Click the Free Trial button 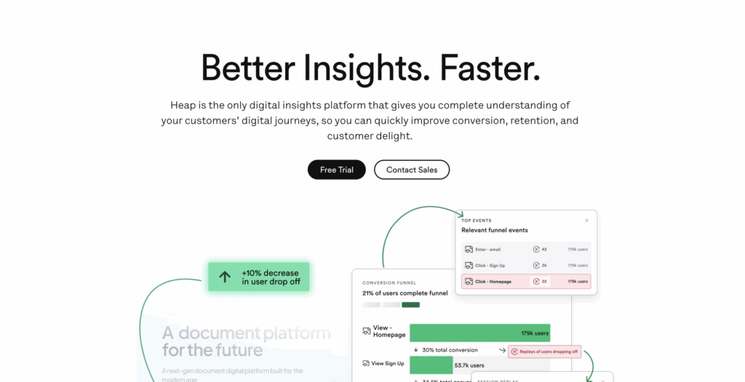pos(336,170)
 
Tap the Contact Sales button pos(412,170)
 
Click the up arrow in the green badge pos(225,276)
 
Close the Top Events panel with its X pos(587,220)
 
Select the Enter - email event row pos(526,250)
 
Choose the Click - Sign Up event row pos(526,266)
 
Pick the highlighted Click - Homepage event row pos(526,281)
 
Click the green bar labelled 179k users pos(479,333)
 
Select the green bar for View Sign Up pos(431,365)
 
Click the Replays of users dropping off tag pos(544,351)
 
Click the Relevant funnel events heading pos(495,230)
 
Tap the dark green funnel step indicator pos(410,304)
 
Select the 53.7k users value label pos(469,365)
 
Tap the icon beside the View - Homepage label pos(367,331)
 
